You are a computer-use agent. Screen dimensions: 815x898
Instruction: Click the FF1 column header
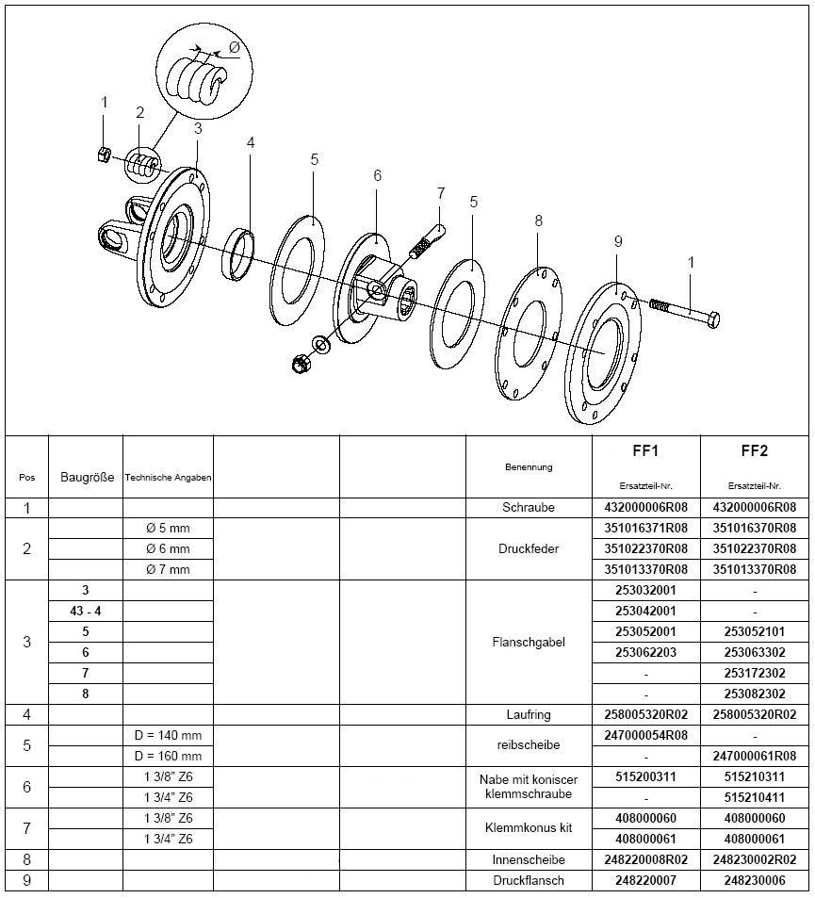coord(645,450)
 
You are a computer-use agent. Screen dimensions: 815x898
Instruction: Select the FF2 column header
coord(755,450)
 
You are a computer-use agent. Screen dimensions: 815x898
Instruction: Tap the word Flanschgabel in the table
coord(528,642)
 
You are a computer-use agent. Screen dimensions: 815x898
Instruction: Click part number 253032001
coord(645,591)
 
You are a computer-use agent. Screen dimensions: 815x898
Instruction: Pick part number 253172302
coord(755,673)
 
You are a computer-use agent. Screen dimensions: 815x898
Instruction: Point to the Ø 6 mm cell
coord(168,548)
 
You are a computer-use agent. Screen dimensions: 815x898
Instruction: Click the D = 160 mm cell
coord(168,756)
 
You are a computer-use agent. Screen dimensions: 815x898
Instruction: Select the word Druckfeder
coord(528,548)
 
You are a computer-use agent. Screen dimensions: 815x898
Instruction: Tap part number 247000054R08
coord(645,735)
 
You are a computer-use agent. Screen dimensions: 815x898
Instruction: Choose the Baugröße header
coord(87,477)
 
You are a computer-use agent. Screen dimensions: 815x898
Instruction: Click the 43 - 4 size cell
coord(86,612)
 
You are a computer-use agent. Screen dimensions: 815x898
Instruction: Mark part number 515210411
coord(755,797)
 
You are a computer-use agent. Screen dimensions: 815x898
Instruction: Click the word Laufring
coord(528,715)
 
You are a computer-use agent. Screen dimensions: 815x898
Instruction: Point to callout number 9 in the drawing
coord(618,241)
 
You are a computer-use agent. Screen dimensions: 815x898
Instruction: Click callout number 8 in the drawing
coord(538,221)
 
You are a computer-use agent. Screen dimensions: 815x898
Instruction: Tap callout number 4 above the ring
coord(251,143)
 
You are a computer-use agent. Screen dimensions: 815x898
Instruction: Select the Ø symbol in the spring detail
coord(234,48)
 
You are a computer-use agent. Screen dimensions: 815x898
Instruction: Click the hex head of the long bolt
coord(713,319)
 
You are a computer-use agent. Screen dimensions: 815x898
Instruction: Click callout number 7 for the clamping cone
coord(440,193)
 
